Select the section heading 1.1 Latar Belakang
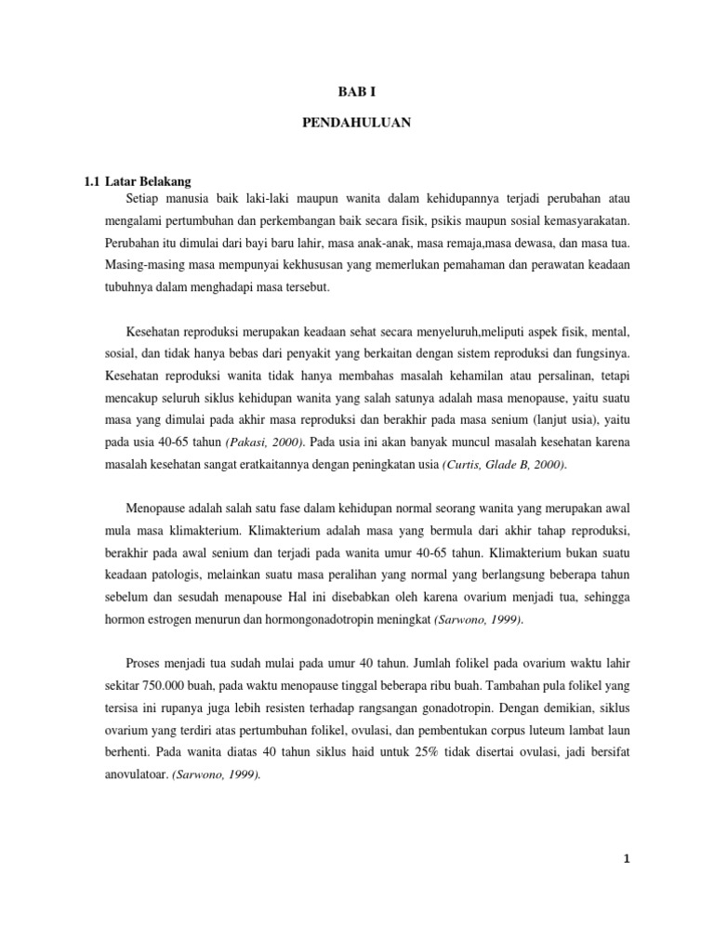tap(138, 181)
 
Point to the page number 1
tap(628, 860)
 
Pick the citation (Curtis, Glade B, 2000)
tap(503, 464)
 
